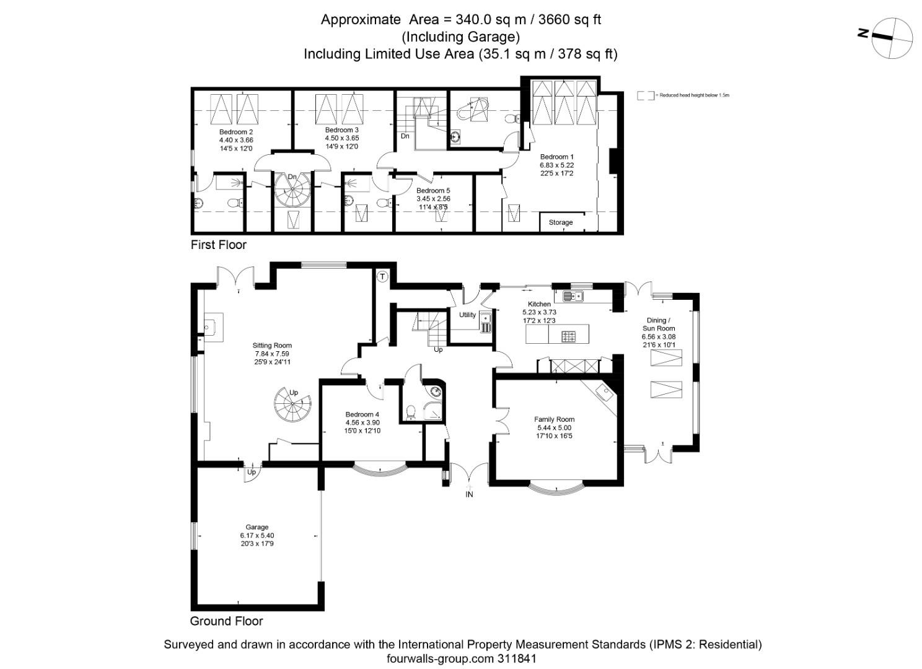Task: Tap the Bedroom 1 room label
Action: click(x=556, y=157)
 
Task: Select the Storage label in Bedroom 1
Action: click(x=560, y=222)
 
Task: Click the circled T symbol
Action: click(x=382, y=276)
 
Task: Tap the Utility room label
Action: click(x=467, y=315)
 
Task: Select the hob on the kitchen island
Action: click(x=568, y=337)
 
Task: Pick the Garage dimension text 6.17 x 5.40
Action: click(x=257, y=535)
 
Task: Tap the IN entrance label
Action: click(x=469, y=494)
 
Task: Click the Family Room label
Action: click(x=554, y=419)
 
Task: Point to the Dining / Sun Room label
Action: click(x=658, y=325)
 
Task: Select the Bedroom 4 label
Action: click(x=362, y=414)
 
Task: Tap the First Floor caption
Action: click(x=218, y=245)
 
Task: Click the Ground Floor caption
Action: click(x=226, y=621)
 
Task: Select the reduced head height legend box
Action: click(x=645, y=95)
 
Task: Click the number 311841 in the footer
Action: click(x=516, y=658)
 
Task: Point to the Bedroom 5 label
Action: click(x=433, y=191)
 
